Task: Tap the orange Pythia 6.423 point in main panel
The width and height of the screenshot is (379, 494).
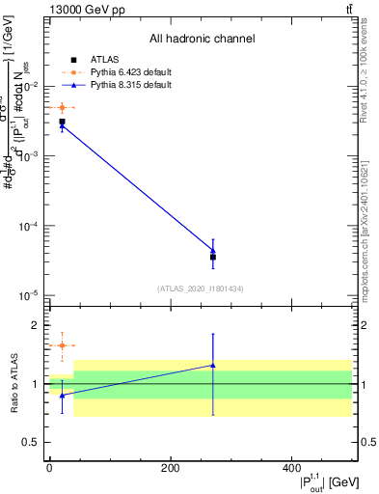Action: click(62, 108)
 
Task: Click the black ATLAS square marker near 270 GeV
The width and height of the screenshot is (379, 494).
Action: click(213, 257)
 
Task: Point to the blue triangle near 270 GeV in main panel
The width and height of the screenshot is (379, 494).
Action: click(213, 250)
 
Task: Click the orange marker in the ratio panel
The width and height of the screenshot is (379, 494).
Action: click(62, 345)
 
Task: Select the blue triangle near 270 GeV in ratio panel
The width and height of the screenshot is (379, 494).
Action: click(213, 365)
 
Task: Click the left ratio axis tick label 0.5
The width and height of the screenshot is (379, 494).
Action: click(34, 443)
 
